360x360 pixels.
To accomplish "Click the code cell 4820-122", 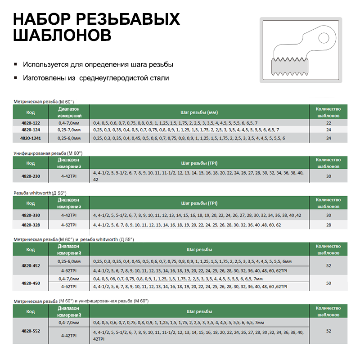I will coord(30,123).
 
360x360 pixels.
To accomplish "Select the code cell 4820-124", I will coord(30,130).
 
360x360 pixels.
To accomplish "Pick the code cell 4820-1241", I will coord(30,138).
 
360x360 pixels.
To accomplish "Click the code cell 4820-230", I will coord(30,176).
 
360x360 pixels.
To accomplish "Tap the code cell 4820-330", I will coord(30,216).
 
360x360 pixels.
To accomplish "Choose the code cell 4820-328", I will coord(30,224).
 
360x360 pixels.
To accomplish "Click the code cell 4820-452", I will coord(30,265).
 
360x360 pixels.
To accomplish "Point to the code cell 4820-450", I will coord(30,283).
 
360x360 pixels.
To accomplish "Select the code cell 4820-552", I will coord(30,331).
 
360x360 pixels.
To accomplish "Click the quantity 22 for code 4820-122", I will coord(328,123).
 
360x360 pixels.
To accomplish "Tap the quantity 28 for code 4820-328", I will coord(328,224).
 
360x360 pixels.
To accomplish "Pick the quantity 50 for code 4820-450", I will coord(328,283).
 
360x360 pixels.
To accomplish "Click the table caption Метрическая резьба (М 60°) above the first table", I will coord(43,102).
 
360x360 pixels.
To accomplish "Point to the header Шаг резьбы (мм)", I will coord(199,112).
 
